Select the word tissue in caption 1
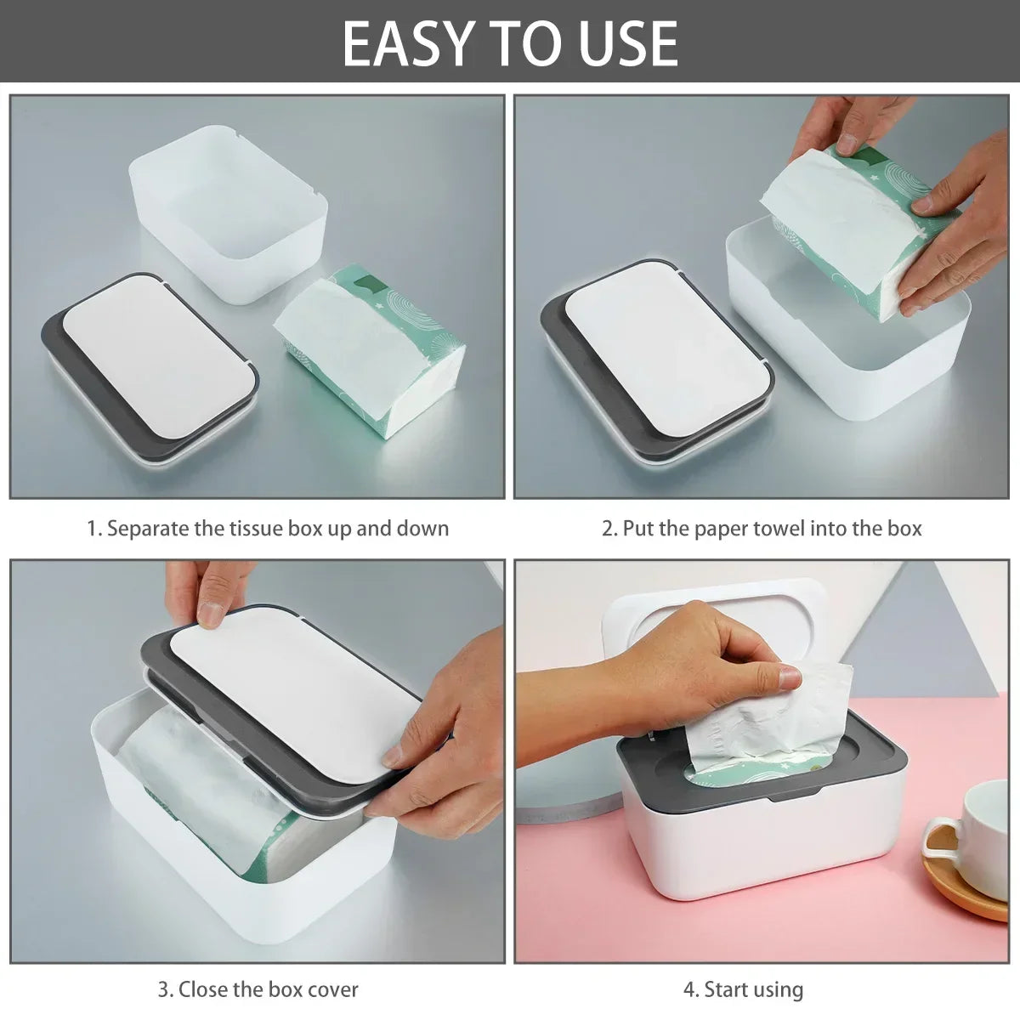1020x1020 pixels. [259, 529]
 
